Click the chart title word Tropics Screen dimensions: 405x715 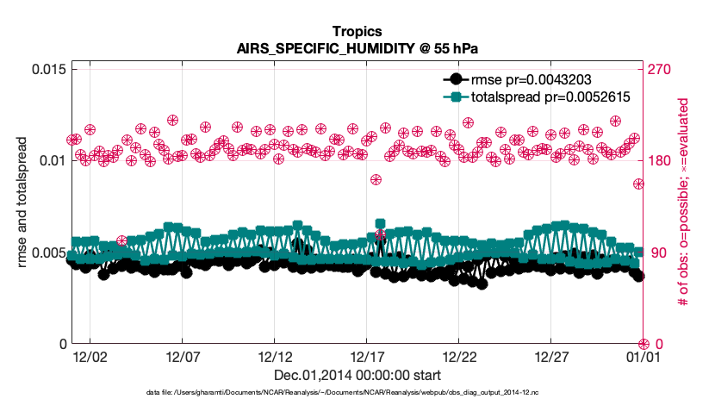[x=357, y=34]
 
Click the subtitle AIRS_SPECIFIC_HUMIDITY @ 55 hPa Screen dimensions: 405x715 [x=357, y=49]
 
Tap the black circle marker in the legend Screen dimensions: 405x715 [x=459, y=80]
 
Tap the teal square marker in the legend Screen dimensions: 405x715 [x=459, y=97]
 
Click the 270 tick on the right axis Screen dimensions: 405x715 [x=661, y=69]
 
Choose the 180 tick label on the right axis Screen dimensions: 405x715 [x=661, y=161]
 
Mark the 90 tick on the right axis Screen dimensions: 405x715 [x=657, y=252]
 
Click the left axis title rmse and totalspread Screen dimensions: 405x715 [x=21, y=207]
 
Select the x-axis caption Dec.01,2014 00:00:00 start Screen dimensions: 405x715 [x=357, y=375]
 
